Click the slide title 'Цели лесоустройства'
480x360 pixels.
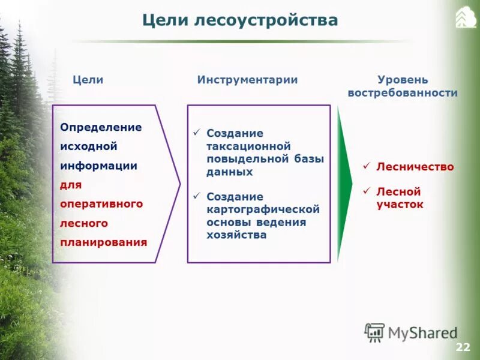coord(240,20)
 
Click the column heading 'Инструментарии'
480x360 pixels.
coord(247,80)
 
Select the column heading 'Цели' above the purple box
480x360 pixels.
coord(88,80)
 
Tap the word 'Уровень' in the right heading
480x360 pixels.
coord(402,80)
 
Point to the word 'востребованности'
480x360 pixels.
coord(402,93)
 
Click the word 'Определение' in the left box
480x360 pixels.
coord(101,127)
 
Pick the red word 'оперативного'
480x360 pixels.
coord(101,203)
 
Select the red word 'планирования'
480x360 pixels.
coord(103,242)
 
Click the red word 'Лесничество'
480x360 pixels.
coord(415,167)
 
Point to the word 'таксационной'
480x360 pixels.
coord(248,146)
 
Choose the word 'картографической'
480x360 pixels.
coord(263,209)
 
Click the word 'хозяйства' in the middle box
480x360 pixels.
coord(236,235)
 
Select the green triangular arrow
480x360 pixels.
coord(344,183)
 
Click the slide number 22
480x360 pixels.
coord(463,347)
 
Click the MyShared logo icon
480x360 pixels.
coord(374,332)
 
